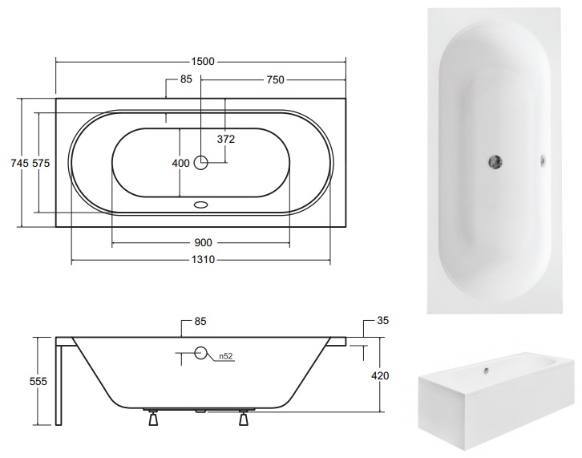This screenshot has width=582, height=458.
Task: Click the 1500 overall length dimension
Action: click(x=203, y=61)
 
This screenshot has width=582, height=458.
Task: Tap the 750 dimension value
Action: click(x=275, y=79)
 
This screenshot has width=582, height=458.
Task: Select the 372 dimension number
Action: click(x=226, y=139)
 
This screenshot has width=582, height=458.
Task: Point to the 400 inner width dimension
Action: click(x=180, y=163)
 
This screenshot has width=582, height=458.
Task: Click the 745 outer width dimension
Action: click(x=20, y=163)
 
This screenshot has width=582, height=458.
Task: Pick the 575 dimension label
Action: click(x=41, y=163)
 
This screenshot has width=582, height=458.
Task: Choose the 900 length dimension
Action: click(x=203, y=242)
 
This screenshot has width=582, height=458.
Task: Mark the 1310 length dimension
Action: click(x=203, y=259)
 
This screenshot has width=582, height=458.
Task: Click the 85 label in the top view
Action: click(x=186, y=79)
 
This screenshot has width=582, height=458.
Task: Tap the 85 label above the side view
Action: click(x=200, y=321)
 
